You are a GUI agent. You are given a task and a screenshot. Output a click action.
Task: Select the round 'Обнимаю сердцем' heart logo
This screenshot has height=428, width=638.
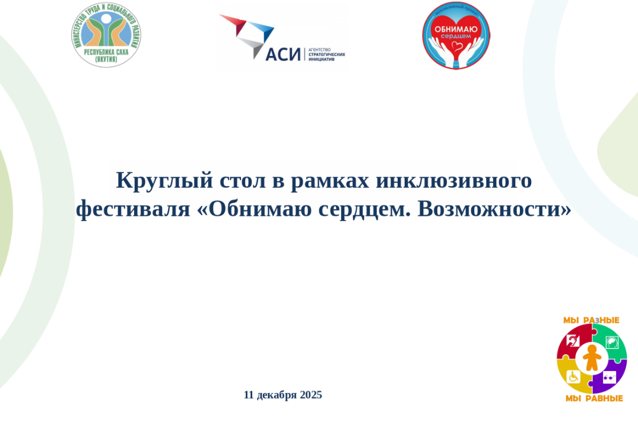(x=456, y=35)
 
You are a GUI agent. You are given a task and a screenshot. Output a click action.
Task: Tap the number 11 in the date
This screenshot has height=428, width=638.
(x=249, y=395)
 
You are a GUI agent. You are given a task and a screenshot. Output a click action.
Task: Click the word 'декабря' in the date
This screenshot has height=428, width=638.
(x=277, y=395)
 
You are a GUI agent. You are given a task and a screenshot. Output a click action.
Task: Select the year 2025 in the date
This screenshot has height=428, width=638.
(x=311, y=395)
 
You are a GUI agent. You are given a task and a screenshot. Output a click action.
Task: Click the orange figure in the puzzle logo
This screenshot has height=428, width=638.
(x=591, y=358)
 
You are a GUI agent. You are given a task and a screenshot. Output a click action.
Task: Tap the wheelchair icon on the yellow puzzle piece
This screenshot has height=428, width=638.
(x=573, y=376)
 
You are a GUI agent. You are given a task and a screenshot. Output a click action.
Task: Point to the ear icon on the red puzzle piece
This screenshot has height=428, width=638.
(x=573, y=341)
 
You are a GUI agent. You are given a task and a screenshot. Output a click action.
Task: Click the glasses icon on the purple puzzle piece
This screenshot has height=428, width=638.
(x=610, y=377)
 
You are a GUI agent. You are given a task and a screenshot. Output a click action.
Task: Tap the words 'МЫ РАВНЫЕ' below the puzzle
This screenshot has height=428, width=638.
(x=593, y=398)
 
